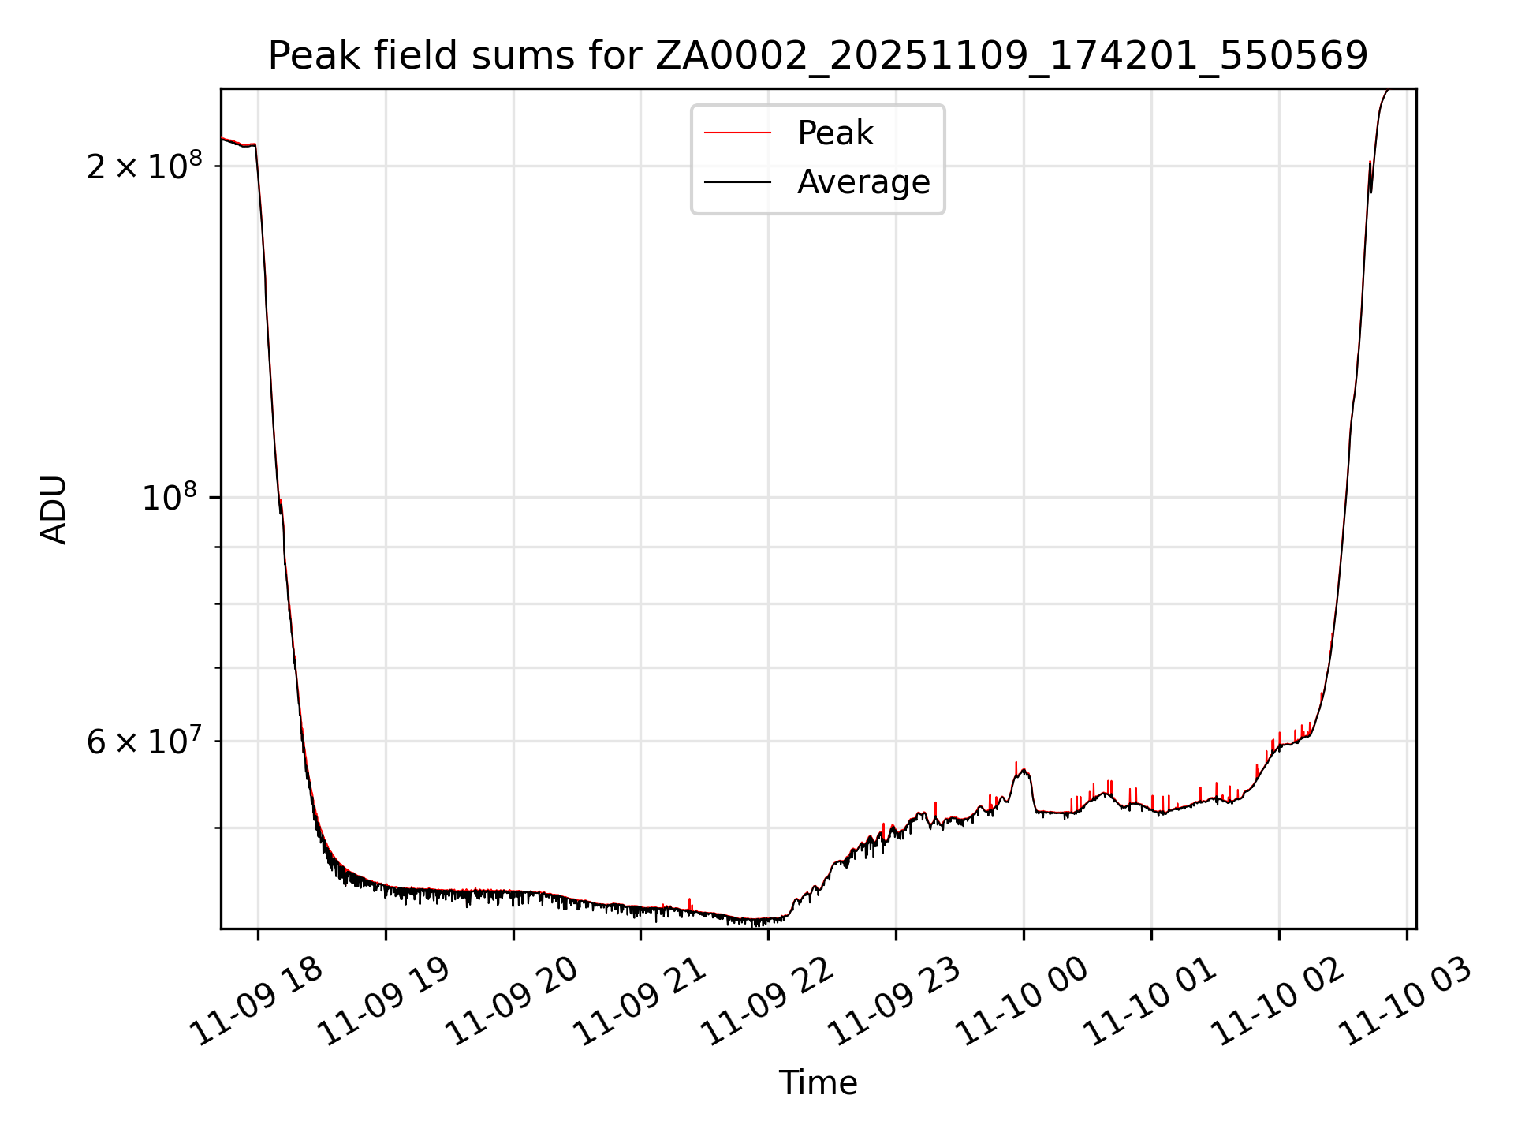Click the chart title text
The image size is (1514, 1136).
[818, 56]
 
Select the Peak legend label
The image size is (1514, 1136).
[835, 133]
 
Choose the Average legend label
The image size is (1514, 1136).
[863, 182]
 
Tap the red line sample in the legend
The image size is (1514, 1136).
[737, 133]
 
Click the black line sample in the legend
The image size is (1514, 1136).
[737, 182]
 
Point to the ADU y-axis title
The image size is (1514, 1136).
[54, 510]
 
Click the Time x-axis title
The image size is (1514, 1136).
[818, 1083]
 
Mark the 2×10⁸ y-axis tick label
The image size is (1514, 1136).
[144, 166]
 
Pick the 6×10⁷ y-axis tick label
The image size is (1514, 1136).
[144, 742]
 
